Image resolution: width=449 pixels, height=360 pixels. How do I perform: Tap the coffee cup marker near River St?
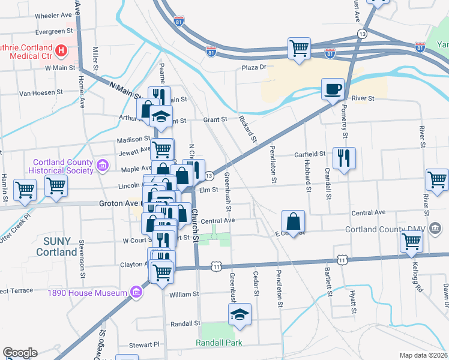[x=333, y=90]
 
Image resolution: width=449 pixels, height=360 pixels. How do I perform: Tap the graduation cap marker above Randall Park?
[x=240, y=314]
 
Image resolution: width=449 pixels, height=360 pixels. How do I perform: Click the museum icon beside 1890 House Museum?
[x=136, y=293]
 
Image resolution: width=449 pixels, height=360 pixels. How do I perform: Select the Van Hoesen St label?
[x=41, y=93]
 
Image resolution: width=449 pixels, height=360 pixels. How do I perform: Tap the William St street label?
[x=184, y=295]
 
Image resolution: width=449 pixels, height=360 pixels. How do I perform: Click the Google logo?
[x=20, y=353]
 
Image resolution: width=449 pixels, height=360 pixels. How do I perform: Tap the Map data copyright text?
[x=424, y=355]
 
